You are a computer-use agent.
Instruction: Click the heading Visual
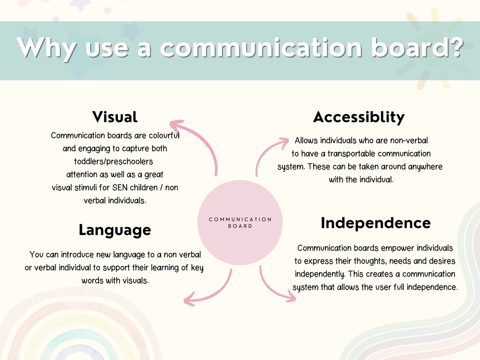(115, 117)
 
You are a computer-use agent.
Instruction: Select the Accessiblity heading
(359, 117)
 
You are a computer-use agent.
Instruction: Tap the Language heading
(115, 230)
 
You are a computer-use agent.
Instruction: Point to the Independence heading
(376, 223)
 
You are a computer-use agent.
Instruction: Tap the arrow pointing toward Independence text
(274, 288)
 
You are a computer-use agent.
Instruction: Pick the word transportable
(352, 154)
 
